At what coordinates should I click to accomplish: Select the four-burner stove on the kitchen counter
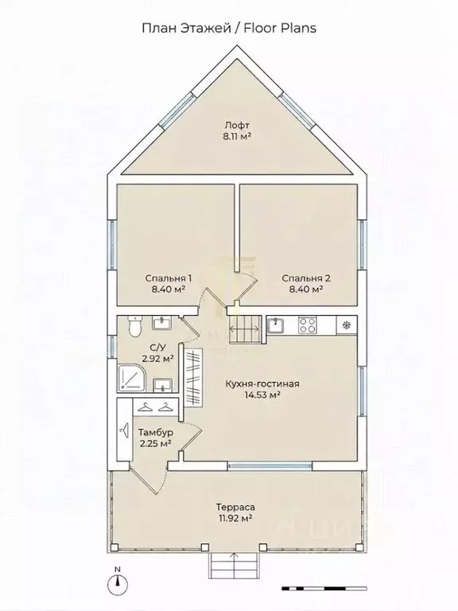pos(307,325)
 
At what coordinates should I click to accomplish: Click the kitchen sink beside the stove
pos(276,325)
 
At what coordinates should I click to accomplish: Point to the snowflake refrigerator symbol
pos(346,325)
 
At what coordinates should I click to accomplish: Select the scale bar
pos(324,588)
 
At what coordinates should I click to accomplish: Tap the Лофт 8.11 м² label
pos(237,130)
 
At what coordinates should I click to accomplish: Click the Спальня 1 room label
pos(169,283)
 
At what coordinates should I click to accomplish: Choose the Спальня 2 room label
pos(306,283)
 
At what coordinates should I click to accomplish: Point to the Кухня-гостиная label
pos(262,383)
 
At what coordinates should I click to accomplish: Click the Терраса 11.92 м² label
pos(235,512)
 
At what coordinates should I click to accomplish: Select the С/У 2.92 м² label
pos(157,353)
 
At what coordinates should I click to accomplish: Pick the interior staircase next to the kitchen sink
pos(245,329)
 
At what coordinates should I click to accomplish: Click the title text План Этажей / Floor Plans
pos(229,28)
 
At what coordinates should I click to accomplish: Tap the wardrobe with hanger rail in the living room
pos(193,378)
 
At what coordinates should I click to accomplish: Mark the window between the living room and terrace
pos(270,465)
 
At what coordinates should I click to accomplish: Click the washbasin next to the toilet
pos(161,323)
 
